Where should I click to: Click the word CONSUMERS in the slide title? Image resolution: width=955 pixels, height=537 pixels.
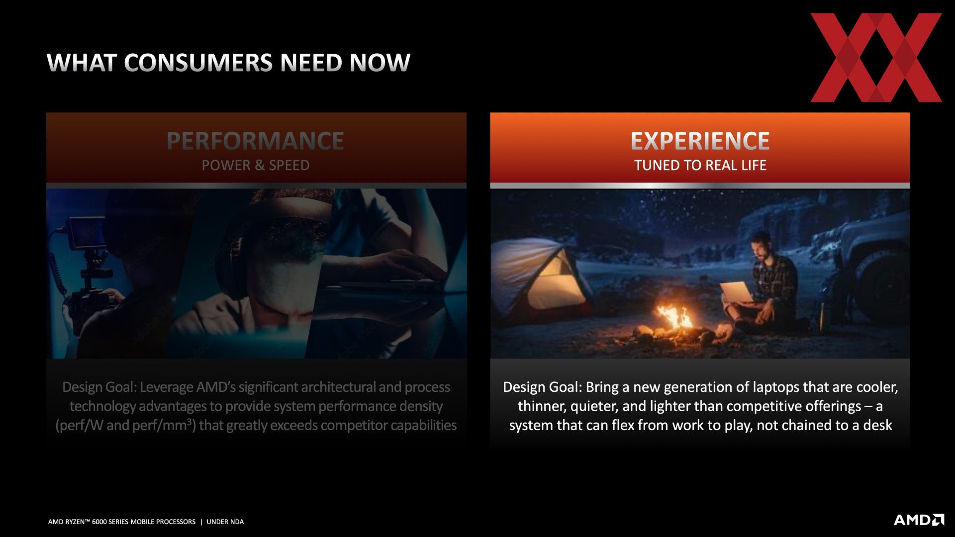(198, 63)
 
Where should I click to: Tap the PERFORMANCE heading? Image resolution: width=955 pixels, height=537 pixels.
(255, 141)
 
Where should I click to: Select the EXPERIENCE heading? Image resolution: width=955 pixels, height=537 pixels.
(700, 141)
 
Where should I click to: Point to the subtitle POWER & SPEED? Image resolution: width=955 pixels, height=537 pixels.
(256, 165)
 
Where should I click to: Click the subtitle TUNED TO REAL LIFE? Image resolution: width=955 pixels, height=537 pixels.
(700, 165)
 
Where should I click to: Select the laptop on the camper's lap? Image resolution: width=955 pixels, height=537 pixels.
(737, 292)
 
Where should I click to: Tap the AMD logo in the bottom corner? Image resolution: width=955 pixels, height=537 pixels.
(919, 520)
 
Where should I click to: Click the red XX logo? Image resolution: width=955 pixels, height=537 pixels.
(876, 58)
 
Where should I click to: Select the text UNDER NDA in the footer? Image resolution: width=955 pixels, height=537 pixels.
(225, 522)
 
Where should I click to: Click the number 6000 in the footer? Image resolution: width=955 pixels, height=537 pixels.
(99, 522)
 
